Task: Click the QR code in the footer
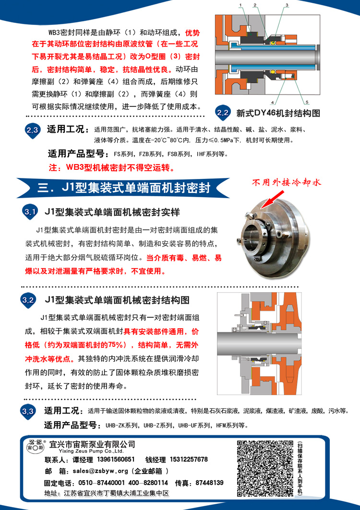pos(265,468)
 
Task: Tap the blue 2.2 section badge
pos(223,113)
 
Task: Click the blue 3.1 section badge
pos(30,213)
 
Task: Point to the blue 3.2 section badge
pos(28,300)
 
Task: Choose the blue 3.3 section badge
pos(28,412)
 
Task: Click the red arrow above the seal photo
pos(270,199)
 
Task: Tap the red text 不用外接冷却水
pos(287,182)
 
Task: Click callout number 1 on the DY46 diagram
pos(240,5)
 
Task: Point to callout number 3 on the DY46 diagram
pos(287,5)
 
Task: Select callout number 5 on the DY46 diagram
pos(307,103)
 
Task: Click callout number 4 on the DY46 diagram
pos(273,103)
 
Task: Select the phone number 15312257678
pos(189,459)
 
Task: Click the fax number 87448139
pos(210,483)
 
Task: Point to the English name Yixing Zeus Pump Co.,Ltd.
pos(91,451)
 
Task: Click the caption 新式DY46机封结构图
pos(278,113)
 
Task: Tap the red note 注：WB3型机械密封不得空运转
pos(112,168)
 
